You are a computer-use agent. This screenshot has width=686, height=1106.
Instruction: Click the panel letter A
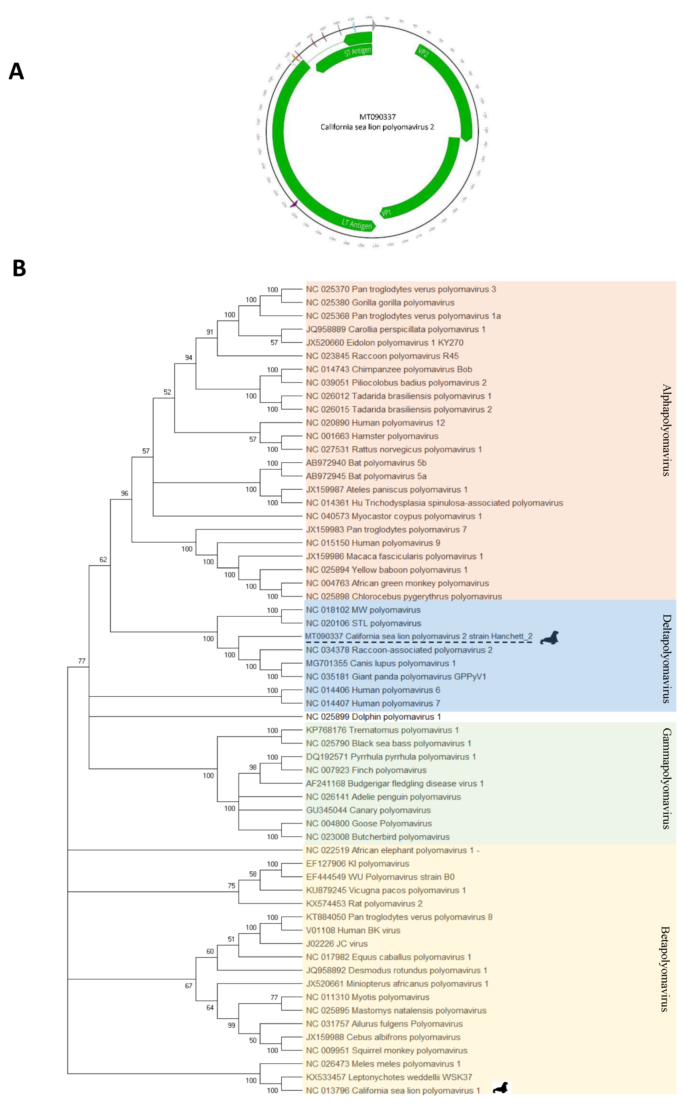(x=16, y=72)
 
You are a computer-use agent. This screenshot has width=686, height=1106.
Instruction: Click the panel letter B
(x=19, y=268)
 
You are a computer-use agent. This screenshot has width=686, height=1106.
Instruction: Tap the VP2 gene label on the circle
(x=423, y=52)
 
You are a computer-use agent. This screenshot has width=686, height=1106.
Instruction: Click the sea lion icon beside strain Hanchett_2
(x=549, y=637)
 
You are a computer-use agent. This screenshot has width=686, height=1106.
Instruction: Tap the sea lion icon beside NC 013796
(x=501, y=1087)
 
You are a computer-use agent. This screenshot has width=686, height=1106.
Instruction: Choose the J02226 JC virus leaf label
(x=337, y=944)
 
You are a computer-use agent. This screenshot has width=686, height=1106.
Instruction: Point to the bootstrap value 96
(x=124, y=493)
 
